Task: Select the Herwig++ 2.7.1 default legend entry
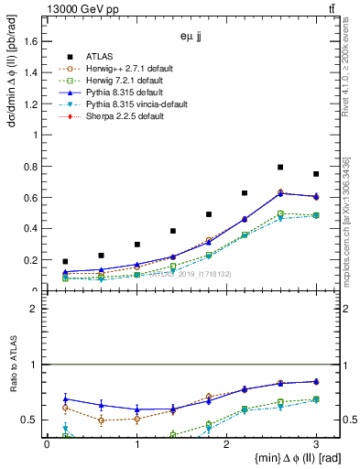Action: (x=119, y=68)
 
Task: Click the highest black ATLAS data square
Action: (x=280, y=168)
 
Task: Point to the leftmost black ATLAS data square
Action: (x=65, y=262)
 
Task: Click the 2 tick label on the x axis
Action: (x=226, y=444)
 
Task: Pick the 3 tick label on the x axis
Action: (x=316, y=444)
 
